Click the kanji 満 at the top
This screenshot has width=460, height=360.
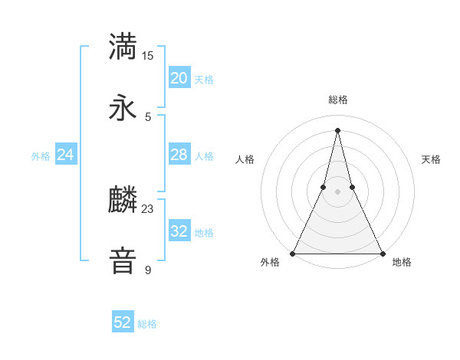[123, 45]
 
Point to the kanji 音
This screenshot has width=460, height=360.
[123, 260]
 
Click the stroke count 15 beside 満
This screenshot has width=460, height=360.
[148, 55]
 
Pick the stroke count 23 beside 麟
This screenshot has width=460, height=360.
[148, 208]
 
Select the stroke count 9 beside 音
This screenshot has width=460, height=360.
[148, 270]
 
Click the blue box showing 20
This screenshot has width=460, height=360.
[179, 78]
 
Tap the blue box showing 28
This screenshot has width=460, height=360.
[179, 155]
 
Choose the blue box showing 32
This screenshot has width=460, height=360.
[179, 231]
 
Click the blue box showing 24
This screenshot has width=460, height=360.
[66, 155]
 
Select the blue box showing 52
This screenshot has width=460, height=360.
[123, 322]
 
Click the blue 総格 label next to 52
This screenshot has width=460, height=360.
[148, 324]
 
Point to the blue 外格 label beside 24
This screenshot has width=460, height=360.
[41, 156]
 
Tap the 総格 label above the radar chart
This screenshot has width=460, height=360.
[338, 100]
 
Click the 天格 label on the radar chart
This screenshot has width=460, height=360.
[431, 159]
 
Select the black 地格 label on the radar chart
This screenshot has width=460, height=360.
[402, 262]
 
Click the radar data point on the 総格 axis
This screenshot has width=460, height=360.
[337, 129]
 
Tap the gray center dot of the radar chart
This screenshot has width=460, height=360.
[337, 191]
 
